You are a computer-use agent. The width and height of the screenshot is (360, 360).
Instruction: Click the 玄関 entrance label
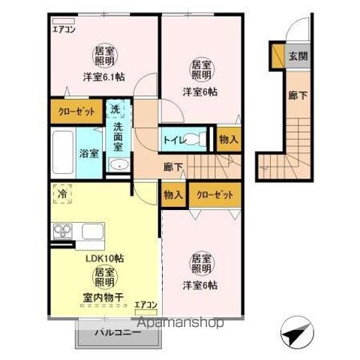coord(298,56)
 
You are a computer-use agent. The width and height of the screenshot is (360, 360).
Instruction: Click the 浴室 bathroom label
coord(88,154)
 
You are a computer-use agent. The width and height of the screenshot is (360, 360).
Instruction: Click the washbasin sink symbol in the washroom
coord(117,166)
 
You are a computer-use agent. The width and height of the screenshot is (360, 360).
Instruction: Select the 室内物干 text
coord(105,296)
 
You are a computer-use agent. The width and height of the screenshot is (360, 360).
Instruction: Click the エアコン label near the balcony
coord(145,304)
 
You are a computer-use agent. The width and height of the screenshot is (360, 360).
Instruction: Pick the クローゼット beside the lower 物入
coord(215,194)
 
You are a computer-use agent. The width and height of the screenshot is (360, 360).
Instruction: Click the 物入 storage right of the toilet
coord(228,139)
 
